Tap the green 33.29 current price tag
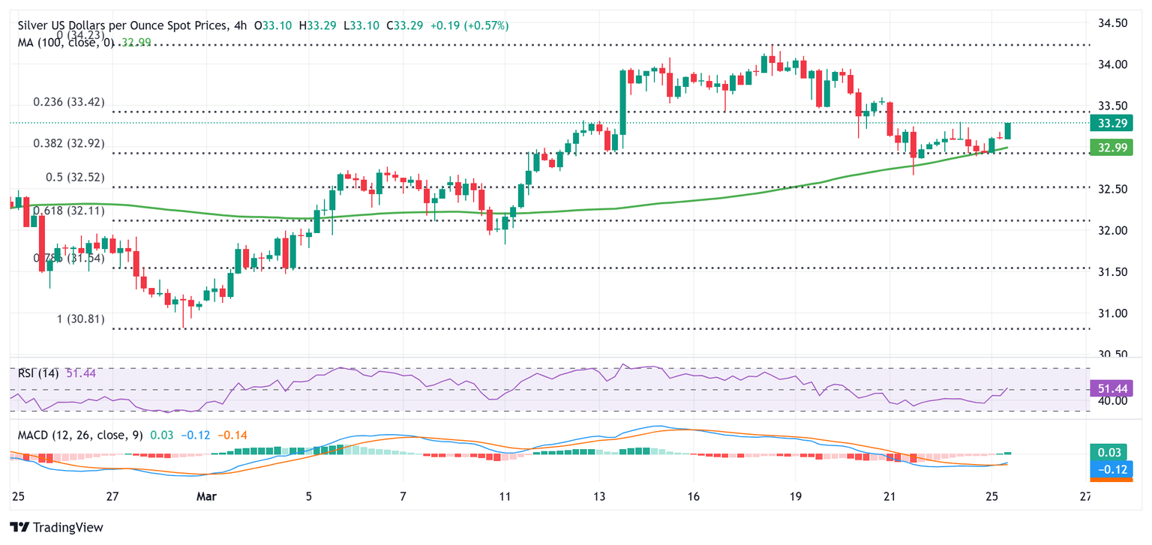coord(1110,123)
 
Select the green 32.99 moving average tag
coord(1110,148)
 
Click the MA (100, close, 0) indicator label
coord(66,43)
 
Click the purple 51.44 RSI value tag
coord(1110,388)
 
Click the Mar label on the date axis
coord(202,496)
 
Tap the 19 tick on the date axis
coord(796,496)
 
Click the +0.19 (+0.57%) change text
coord(469,25)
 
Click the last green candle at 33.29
coord(1008,130)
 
